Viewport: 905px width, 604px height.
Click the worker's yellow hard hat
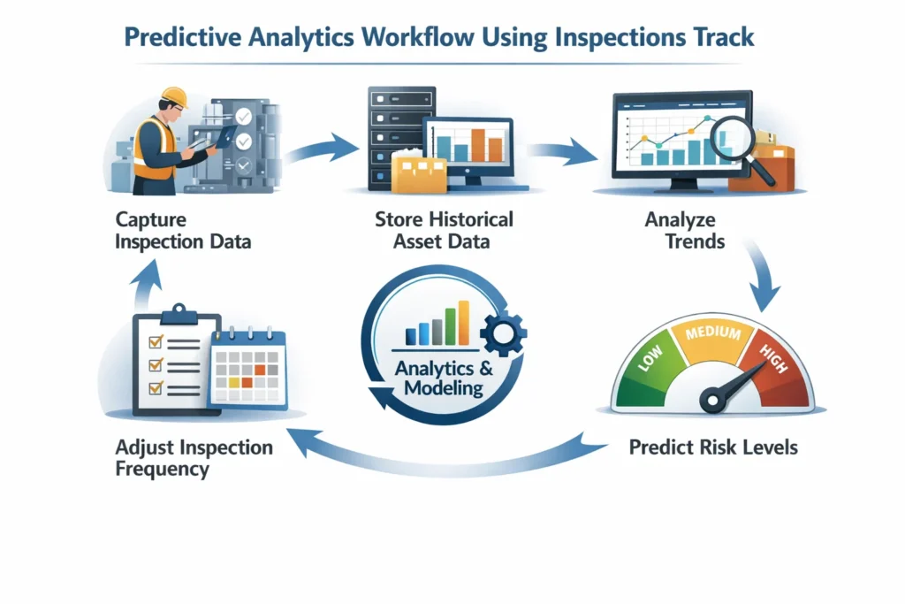(x=175, y=96)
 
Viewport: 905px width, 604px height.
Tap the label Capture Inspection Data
(x=183, y=229)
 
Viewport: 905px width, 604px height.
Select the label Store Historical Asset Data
(x=444, y=229)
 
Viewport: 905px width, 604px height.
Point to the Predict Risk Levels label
(x=713, y=447)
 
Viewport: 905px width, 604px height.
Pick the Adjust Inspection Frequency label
(x=194, y=457)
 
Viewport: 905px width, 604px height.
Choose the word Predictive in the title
(x=186, y=38)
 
